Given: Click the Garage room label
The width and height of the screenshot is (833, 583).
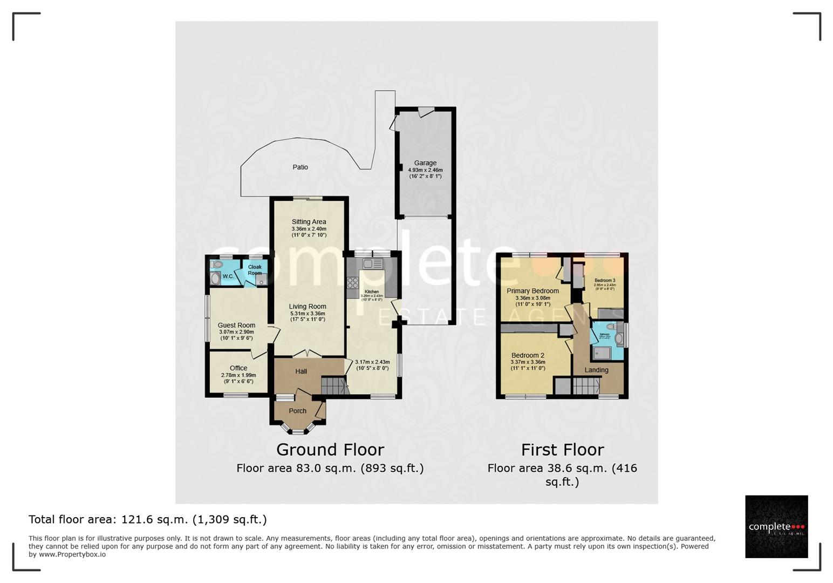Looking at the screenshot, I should pos(425,163).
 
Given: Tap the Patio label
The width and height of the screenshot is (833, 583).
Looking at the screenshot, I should pos(301,167).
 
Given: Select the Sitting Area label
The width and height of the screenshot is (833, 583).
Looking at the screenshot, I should pos(309,222).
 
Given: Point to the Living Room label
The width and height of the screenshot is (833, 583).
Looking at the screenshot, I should pos(308,307).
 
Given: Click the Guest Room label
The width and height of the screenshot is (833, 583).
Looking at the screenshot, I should pos(236,326).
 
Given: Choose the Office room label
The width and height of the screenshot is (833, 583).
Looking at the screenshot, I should pos(238,368).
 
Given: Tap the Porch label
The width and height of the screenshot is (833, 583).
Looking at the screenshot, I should pos(297,411).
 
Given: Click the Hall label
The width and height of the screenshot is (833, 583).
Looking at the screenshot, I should pos(301,371).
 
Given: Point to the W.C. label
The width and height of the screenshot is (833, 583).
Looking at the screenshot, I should pos(228,276).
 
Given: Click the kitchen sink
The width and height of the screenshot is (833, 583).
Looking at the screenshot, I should pos(372,264).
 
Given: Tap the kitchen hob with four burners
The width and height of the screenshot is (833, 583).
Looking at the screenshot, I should pos(353,283).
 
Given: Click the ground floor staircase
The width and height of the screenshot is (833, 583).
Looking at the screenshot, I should pos(333,386).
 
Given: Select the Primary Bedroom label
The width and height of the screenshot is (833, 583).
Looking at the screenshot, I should pos(532,291).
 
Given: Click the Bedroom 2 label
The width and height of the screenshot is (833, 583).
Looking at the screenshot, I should pos(528,356).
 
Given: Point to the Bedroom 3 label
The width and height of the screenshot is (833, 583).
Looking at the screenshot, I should pos(605,281).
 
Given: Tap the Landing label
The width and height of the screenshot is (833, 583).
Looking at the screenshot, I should pos(596,370).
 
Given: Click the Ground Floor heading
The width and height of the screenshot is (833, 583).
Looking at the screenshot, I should pos(330,450).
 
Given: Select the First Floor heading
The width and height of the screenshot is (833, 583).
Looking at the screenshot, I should pos(562,450).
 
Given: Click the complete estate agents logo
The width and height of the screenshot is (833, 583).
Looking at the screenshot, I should pos(776,527).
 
